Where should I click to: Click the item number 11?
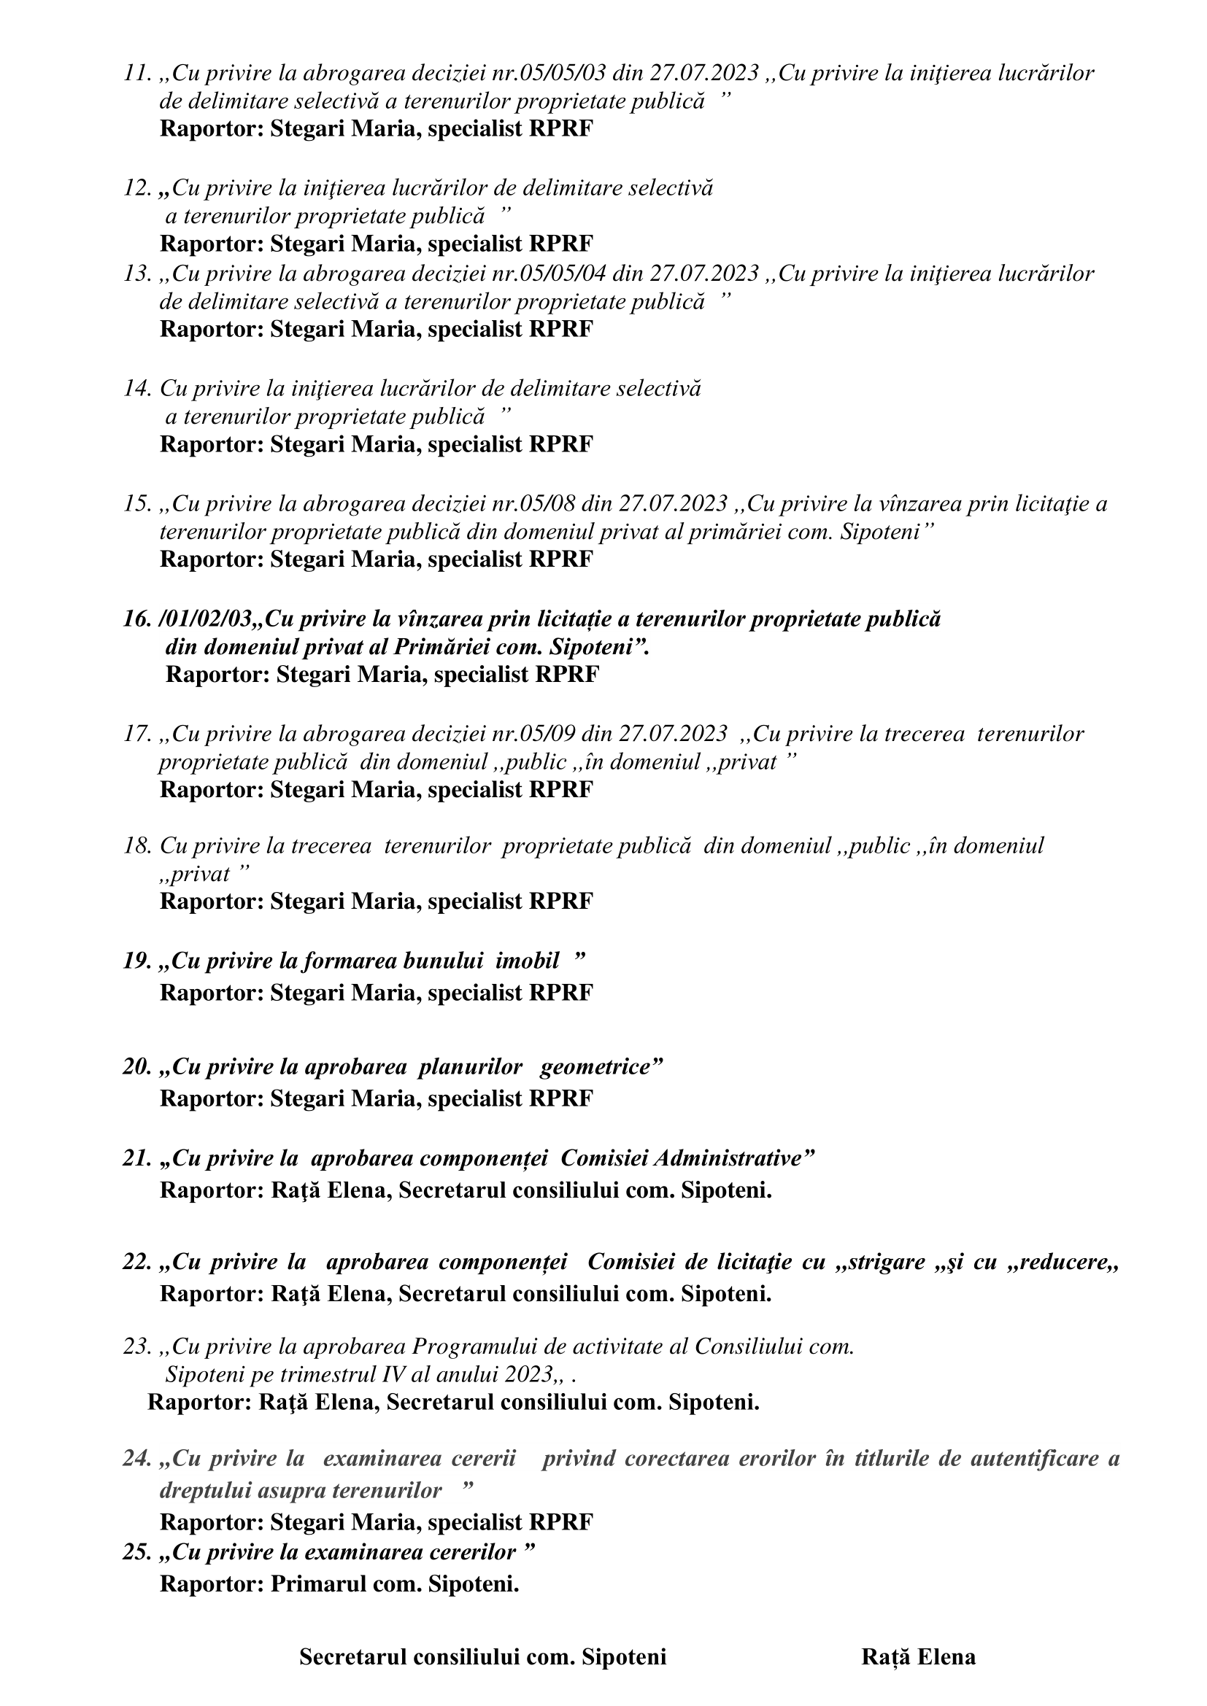[x=137, y=74]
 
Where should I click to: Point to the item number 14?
[x=137, y=389]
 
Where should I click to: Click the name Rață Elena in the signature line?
[x=919, y=1656]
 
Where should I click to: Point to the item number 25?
[x=137, y=1553]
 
